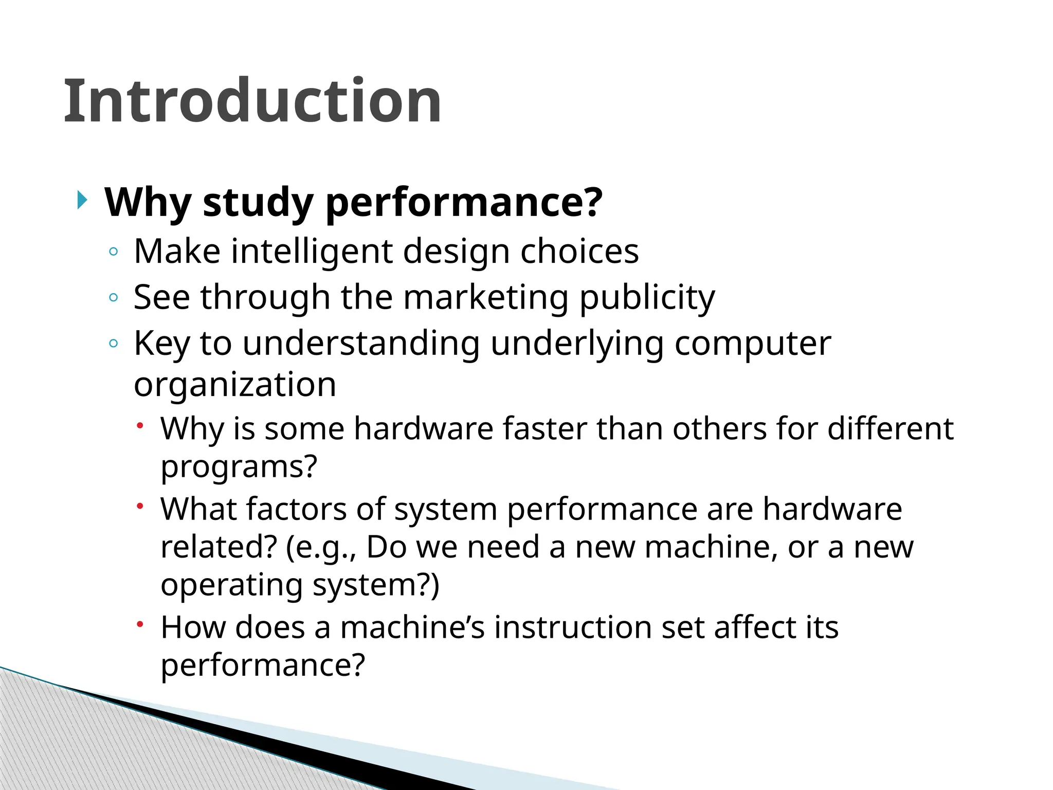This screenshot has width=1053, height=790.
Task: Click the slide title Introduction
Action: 252,101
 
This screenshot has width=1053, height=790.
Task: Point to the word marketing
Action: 485,297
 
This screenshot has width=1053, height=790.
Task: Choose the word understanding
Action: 361,344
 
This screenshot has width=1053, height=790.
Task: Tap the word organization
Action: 235,385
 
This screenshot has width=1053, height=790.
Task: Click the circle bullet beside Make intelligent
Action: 114,252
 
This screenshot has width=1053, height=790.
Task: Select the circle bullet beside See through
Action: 114,297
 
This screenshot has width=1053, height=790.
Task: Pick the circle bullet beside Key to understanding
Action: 114,343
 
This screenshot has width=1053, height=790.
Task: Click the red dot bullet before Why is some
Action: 139,426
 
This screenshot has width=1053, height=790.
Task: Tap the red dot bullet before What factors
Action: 139,507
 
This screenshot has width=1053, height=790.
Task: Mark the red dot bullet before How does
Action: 139,625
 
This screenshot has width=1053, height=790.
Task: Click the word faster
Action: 544,428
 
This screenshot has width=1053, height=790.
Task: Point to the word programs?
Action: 239,467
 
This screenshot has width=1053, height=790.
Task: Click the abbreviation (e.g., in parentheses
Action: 321,548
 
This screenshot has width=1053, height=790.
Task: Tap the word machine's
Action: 412,627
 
